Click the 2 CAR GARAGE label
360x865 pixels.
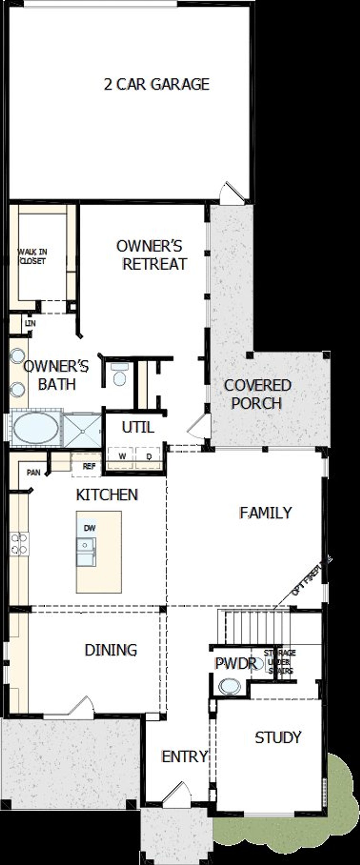(156, 84)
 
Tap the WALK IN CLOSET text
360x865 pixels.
(32, 256)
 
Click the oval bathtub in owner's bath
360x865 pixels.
(36, 428)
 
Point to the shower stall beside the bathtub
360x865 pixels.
(82, 431)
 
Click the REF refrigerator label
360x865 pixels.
(89, 466)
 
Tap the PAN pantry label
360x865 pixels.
(33, 473)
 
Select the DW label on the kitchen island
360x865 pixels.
(89, 528)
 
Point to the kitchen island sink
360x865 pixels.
(86, 552)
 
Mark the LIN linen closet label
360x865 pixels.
(30, 324)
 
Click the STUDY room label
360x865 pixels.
(278, 737)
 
